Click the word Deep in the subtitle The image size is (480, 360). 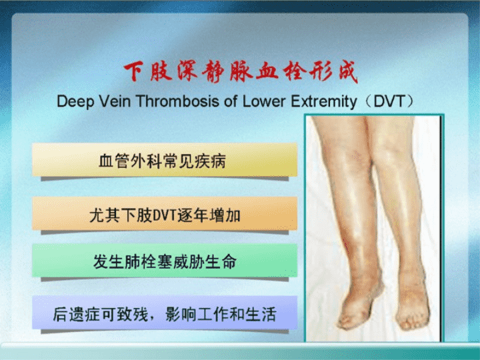(x=75, y=101)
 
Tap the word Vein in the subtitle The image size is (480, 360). (x=114, y=101)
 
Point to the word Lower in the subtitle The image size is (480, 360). (x=265, y=101)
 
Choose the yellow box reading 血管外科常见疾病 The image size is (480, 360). (x=165, y=160)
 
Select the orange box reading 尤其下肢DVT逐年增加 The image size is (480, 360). (x=165, y=214)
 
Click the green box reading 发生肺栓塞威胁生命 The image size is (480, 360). (x=165, y=261)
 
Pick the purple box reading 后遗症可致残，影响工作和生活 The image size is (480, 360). (x=165, y=313)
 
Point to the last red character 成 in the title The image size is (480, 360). (x=348, y=72)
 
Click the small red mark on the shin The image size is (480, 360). (x=346, y=245)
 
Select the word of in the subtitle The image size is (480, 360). (x=231, y=101)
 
